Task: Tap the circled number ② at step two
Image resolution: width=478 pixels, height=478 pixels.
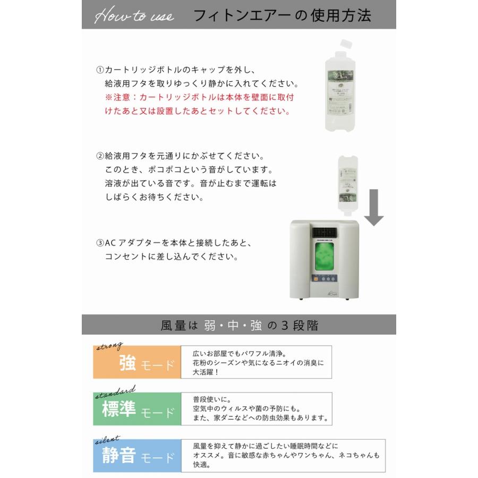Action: tap(99, 157)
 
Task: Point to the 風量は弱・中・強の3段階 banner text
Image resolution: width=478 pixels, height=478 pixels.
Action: tap(239, 325)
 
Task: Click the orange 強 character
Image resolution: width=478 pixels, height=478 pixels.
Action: tap(128, 363)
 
